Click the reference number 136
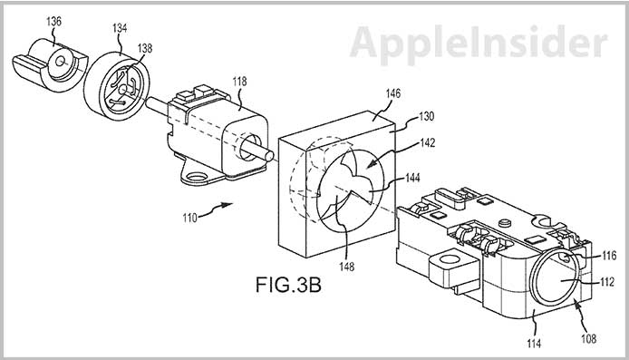[x=53, y=21]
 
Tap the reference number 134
[x=120, y=28]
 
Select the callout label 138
[x=144, y=48]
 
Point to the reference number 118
[x=239, y=82]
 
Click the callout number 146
[x=392, y=93]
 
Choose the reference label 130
[x=426, y=116]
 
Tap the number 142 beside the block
[x=428, y=143]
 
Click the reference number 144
[x=412, y=178]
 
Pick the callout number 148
[x=346, y=266]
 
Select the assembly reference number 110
[x=189, y=219]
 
